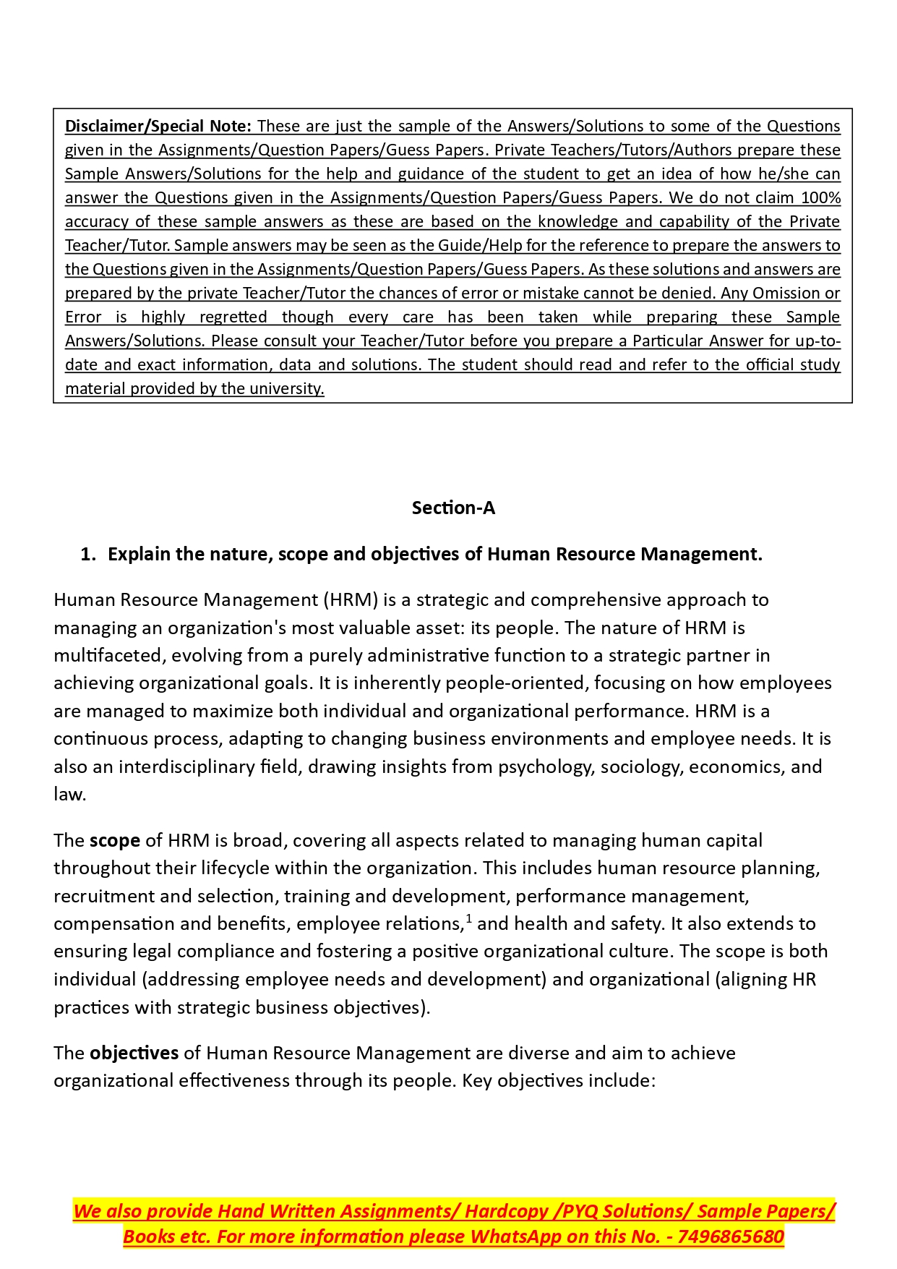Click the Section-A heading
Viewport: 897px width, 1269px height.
pyautogui.click(x=453, y=508)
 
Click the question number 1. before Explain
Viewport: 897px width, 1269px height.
pyautogui.click(x=87, y=555)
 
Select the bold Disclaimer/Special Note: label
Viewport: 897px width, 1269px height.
pyautogui.click(x=158, y=127)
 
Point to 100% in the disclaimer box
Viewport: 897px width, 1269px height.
pyautogui.click(x=820, y=198)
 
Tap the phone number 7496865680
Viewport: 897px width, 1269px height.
pyautogui.click(x=731, y=1237)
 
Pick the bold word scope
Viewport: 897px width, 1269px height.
pyautogui.click(x=115, y=841)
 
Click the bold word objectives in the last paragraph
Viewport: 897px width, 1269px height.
pyautogui.click(x=134, y=1054)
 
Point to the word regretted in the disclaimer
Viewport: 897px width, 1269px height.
pyautogui.click(x=233, y=317)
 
